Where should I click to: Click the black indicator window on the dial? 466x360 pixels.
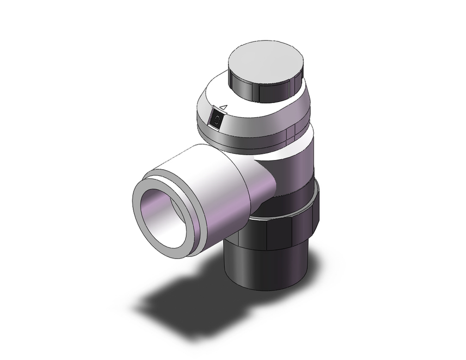[x=216, y=119]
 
